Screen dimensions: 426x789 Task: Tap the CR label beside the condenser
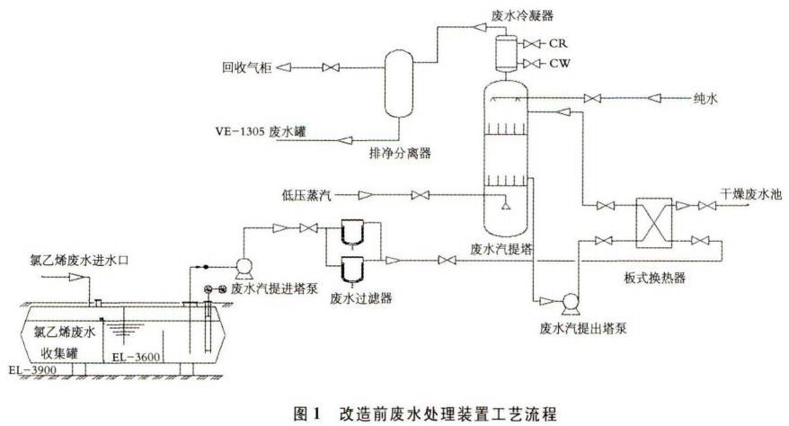click(x=558, y=42)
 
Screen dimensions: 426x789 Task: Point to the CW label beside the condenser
click(x=559, y=62)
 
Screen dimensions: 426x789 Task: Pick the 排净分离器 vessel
click(x=397, y=83)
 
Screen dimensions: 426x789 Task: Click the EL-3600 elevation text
click(x=136, y=358)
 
